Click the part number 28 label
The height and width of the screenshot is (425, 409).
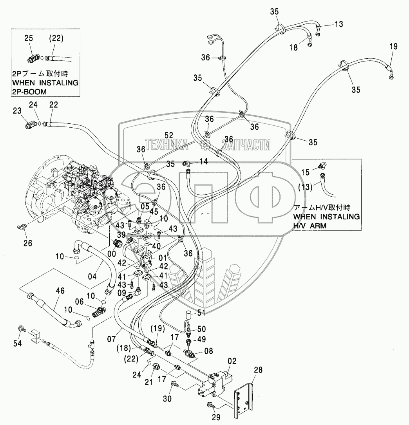(x=258, y=370)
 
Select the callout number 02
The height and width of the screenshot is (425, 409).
(x=232, y=361)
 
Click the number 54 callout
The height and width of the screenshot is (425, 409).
(x=17, y=344)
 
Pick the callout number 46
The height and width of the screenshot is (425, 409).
(x=60, y=291)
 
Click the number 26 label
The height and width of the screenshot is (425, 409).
(x=28, y=243)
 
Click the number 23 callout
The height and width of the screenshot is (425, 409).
(x=17, y=110)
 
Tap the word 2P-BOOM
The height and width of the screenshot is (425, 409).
(x=29, y=92)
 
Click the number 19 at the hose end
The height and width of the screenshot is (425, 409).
(x=394, y=46)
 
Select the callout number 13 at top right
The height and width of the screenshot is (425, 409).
(x=339, y=24)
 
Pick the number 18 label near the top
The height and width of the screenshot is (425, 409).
(x=293, y=47)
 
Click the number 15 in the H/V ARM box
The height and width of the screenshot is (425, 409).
(x=306, y=172)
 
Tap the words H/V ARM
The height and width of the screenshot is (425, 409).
(x=310, y=226)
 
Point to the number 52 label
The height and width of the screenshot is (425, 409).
(x=169, y=135)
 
